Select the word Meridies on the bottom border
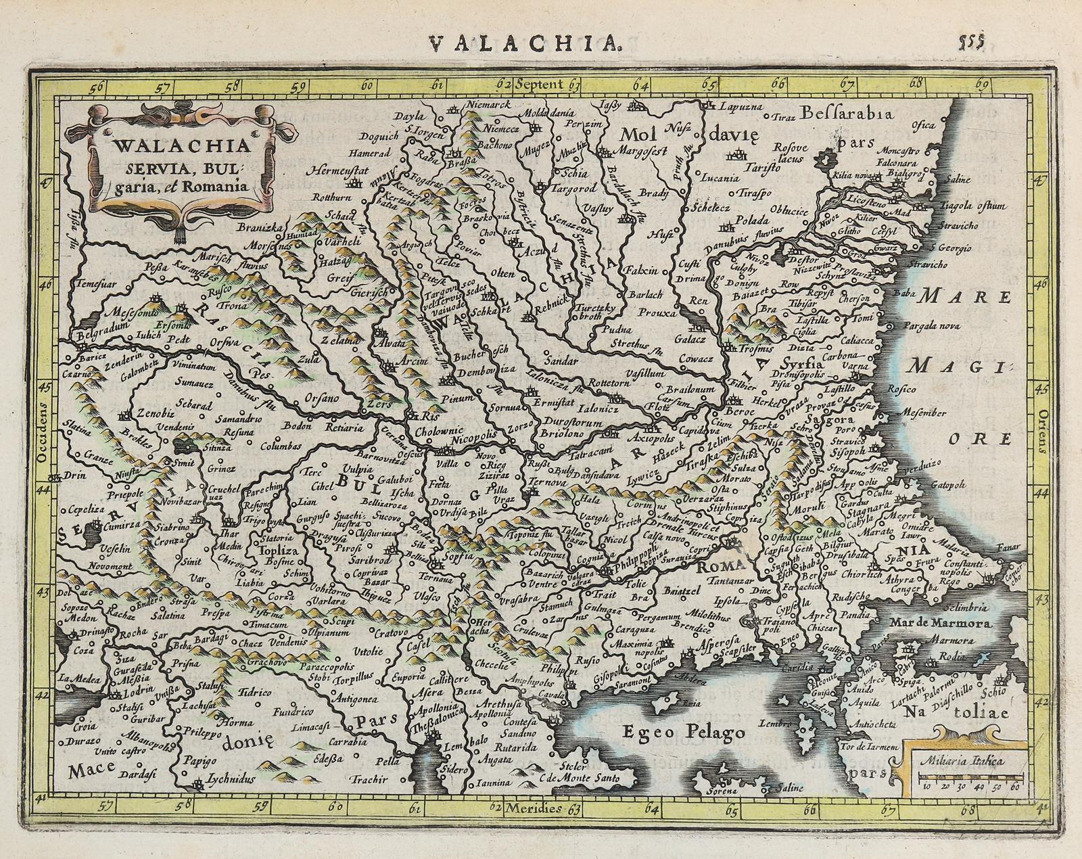point(538,809)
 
